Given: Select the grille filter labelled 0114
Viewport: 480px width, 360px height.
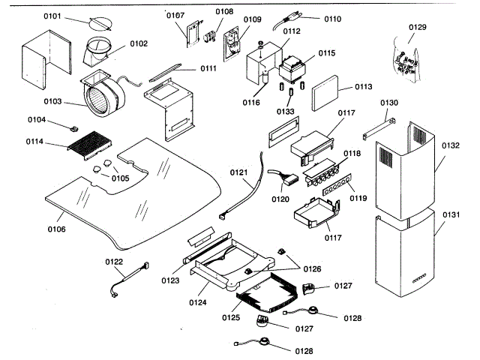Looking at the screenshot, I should tap(90, 143).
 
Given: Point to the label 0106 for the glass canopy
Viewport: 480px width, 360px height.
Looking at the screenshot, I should tap(57, 229).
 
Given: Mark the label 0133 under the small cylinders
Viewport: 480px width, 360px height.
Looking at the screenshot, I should tap(285, 111).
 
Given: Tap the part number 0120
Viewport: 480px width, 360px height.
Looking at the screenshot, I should tap(280, 199).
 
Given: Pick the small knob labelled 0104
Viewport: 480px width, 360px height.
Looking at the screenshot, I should tap(74, 128).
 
